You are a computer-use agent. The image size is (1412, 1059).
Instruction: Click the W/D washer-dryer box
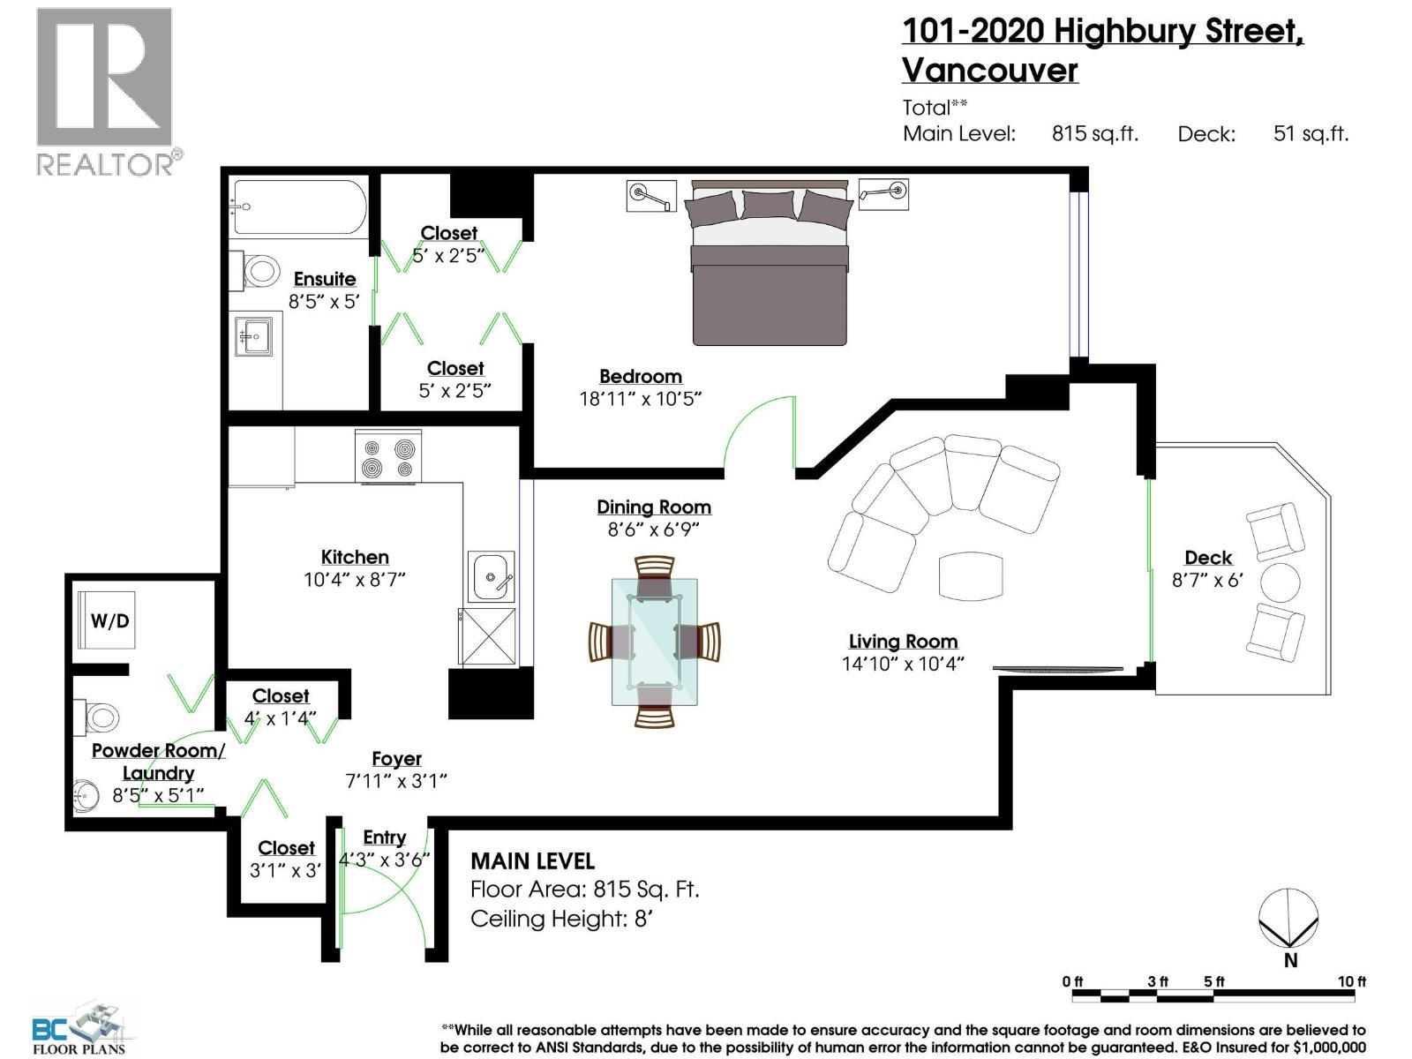pyautogui.click(x=109, y=621)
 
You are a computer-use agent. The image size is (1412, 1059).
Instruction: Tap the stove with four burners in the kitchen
pyautogui.click(x=388, y=456)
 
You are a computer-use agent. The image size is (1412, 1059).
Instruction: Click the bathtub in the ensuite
pyautogui.click(x=298, y=207)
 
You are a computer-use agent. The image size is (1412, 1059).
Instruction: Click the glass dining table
pyautogui.click(x=655, y=642)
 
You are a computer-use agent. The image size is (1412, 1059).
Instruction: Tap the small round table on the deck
pyautogui.click(x=1280, y=582)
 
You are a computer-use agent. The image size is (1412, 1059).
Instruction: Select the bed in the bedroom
pyautogui.click(x=770, y=265)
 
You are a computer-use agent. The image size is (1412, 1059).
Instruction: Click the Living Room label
pyautogui.click(x=903, y=642)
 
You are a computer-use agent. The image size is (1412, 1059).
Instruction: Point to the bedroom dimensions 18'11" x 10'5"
pyautogui.click(x=640, y=399)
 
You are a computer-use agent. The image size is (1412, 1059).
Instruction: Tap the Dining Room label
pyautogui.click(x=653, y=507)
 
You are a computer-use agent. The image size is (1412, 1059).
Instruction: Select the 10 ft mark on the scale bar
pyautogui.click(x=1351, y=981)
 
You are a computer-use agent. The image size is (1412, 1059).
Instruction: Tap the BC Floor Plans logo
pyautogui.click(x=79, y=1028)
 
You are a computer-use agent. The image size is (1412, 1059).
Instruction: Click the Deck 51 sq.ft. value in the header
pyautogui.click(x=1311, y=134)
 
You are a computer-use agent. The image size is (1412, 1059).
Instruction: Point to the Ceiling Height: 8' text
pyautogui.click(x=561, y=919)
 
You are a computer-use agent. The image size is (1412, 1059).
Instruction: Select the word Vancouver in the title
pyautogui.click(x=989, y=71)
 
